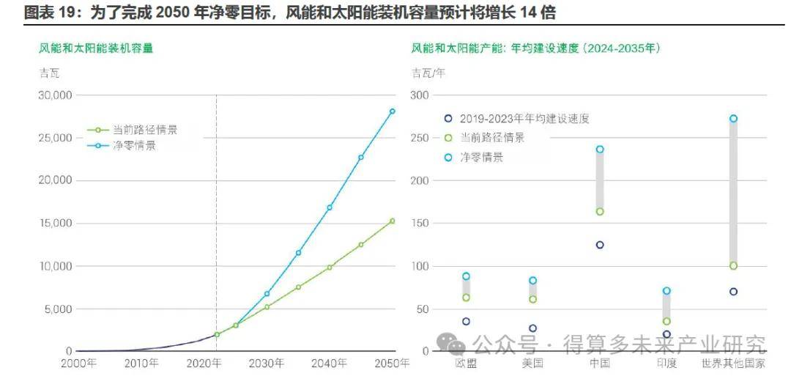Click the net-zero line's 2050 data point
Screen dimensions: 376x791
pyautogui.click(x=392, y=111)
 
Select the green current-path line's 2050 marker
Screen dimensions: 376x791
pyautogui.click(x=392, y=221)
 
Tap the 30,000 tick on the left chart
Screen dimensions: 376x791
pyautogui.click(x=55, y=95)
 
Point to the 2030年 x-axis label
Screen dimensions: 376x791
pyautogui.click(x=266, y=364)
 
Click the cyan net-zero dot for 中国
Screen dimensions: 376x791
pyautogui.click(x=600, y=150)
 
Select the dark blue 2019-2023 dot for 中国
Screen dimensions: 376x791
pyautogui.click(x=600, y=245)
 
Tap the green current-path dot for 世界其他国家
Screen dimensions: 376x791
pyautogui.click(x=733, y=266)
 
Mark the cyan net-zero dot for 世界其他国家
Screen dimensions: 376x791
pyautogui.click(x=733, y=119)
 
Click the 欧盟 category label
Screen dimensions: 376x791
pyautogui.click(x=466, y=364)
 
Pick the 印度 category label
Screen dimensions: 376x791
pyautogui.click(x=666, y=364)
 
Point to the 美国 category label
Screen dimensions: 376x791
pyautogui.click(x=532, y=364)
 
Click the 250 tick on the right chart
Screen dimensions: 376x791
pyautogui.click(x=420, y=138)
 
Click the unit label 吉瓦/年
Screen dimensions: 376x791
pyautogui.click(x=428, y=73)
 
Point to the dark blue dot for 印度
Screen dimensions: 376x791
pyautogui.click(x=666, y=334)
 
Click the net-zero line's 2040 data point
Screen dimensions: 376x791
pyautogui.click(x=330, y=207)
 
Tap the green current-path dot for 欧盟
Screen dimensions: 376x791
pyautogui.click(x=466, y=298)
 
